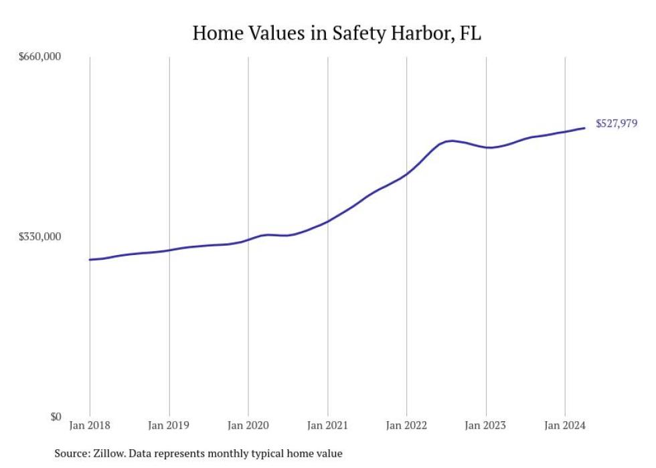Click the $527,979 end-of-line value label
616,123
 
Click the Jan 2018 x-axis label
90,425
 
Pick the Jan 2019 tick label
169,425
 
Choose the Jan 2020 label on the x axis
248,425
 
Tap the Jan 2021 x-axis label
327,425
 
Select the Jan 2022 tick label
407,425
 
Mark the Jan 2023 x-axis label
486,425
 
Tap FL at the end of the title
471,33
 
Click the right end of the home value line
586,128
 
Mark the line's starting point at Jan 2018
90,259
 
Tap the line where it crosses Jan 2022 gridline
407,174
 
